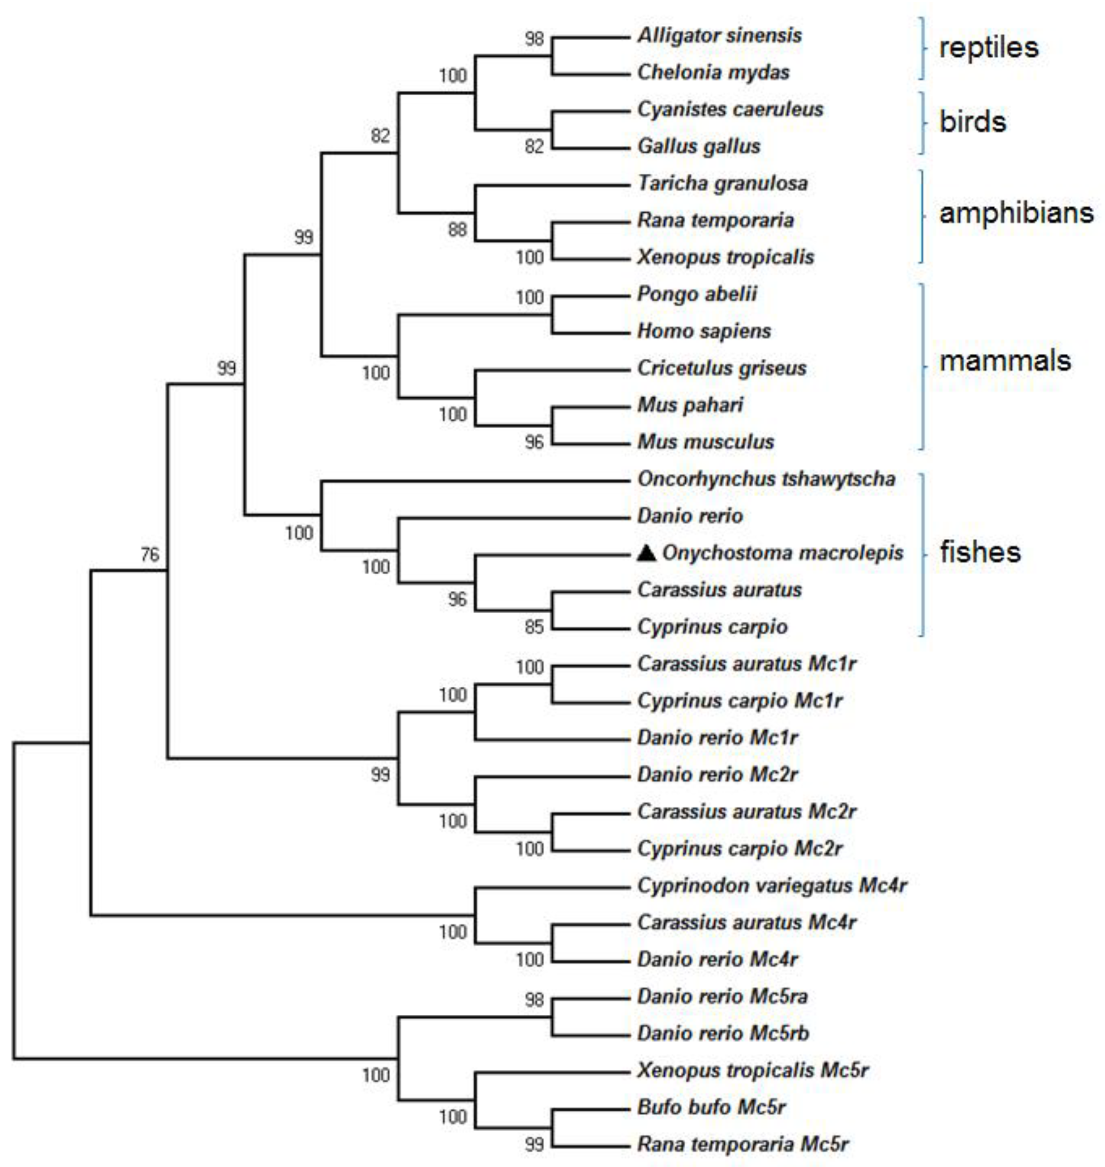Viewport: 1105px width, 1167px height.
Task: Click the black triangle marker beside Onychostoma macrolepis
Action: pyautogui.click(x=647, y=553)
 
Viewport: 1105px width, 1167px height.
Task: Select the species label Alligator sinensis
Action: pyautogui.click(x=719, y=35)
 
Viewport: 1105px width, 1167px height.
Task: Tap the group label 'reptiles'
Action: pyautogui.click(x=988, y=47)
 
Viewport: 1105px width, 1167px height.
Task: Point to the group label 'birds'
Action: pyautogui.click(x=972, y=122)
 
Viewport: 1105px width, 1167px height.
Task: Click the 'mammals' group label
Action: pyautogui.click(x=1005, y=360)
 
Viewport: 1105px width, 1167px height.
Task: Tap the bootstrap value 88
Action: pyautogui.click(x=457, y=230)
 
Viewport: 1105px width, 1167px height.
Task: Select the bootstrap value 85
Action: pyautogui.click(x=534, y=627)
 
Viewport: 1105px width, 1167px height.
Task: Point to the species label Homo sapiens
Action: pyautogui.click(x=704, y=331)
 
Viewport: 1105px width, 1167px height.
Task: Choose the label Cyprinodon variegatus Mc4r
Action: pyautogui.click(x=772, y=885)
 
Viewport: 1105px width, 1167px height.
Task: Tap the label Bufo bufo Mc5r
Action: pyautogui.click(x=711, y=1107)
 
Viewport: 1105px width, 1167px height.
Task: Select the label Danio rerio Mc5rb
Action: pyautogui.click(x=723, y=1033)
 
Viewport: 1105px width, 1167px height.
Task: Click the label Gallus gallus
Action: pyautogui.click(x=699, y=146)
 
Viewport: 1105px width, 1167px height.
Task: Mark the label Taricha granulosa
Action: pyautogui.click(x=722, y=183)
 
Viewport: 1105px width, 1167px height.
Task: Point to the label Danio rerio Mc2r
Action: pyautogui.click(x=717, y=774)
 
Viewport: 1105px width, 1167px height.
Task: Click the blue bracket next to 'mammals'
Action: pyautogui.click(x=922, y=367)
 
